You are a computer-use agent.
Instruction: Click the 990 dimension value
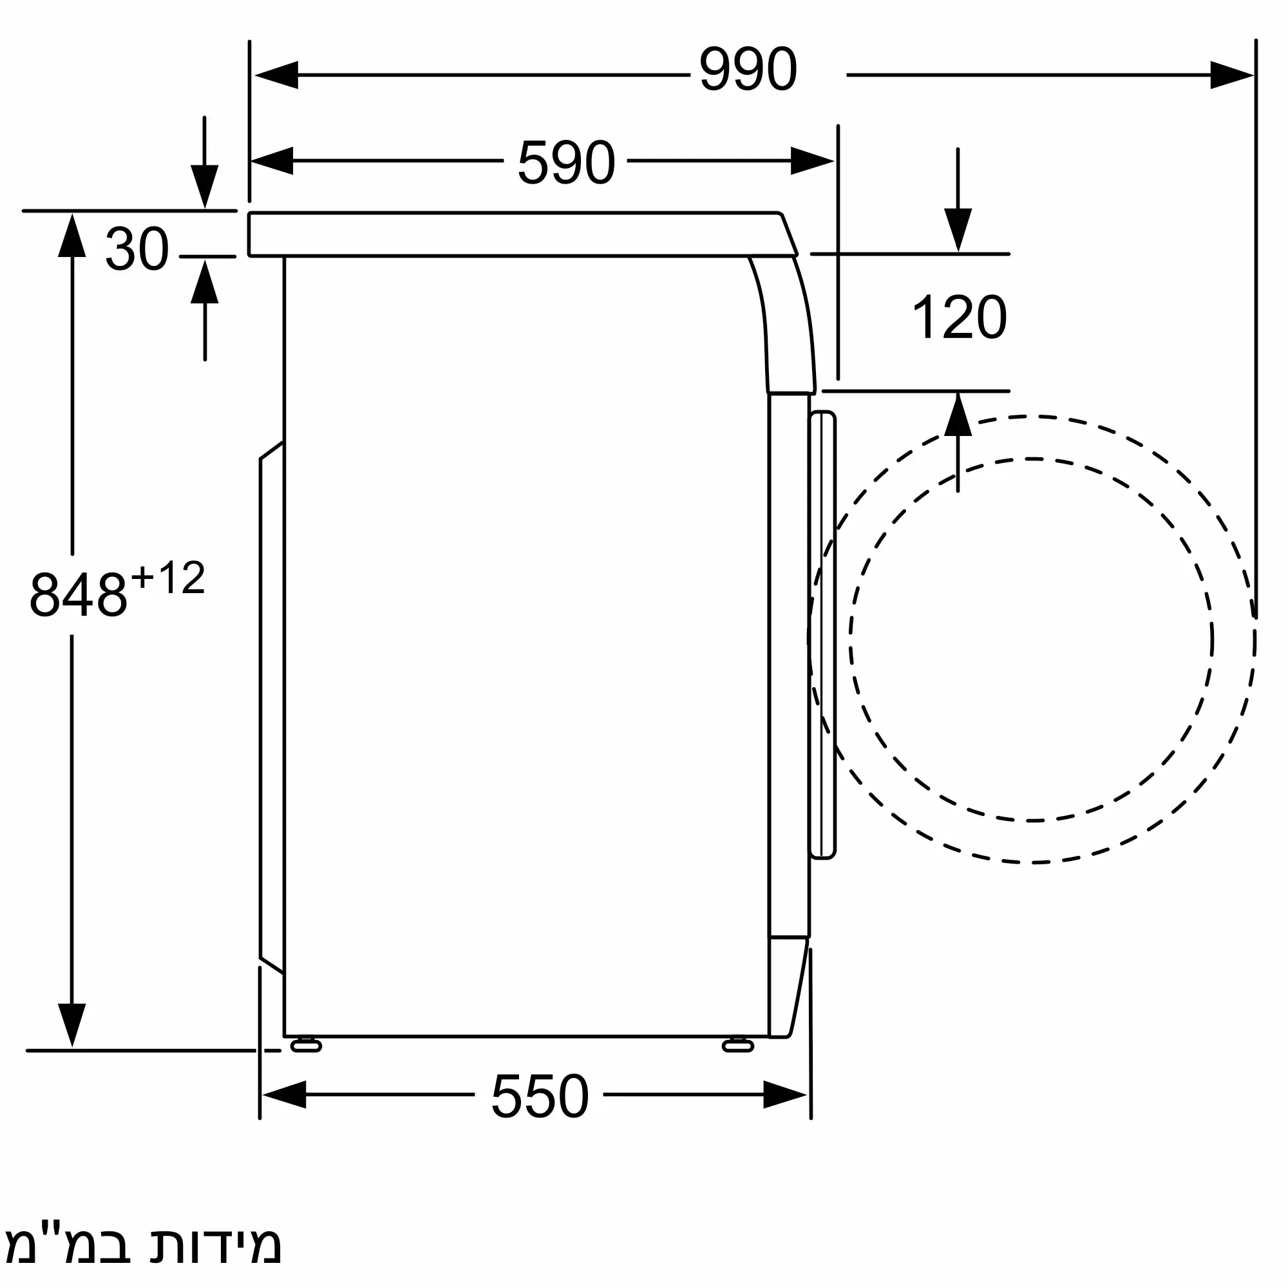coord(747,69)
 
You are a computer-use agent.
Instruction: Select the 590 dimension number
coord(566,162)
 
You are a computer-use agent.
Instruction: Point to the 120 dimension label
coord(959,317)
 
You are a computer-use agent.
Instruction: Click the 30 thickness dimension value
coord(137,249)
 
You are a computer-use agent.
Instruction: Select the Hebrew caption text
coord(144,1245)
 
